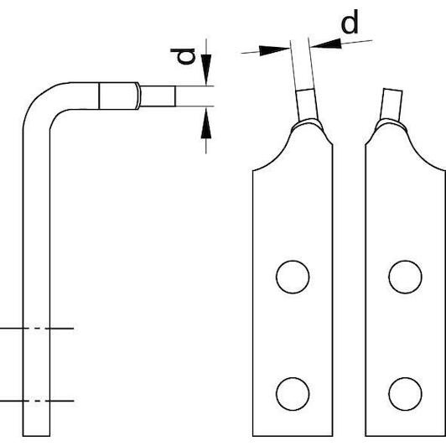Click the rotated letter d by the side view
(x=183, y=56)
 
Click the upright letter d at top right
(x=350, y=22)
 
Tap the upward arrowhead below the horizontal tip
(x=206, y=123)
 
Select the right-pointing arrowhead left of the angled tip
(x=274, y=50)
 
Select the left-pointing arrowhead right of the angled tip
(x=325, y=44)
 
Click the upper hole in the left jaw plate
(x=293, y=277)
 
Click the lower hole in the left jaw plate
(x=293, y=394)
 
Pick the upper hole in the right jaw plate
(x=405, y=277)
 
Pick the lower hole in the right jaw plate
(x=405, y=394)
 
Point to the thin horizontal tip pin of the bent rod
(x=158, y=96)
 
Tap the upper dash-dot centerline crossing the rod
(x=37, y=329)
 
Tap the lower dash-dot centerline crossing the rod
(x=37, y=401)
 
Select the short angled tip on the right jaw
(x=392, y=105)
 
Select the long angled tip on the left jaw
(x=303, y=80)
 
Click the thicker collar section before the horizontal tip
(x=118, y=96)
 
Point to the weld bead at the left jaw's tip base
(x=308, y=123)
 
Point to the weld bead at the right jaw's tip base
(x=391, y=124)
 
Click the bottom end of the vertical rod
(x=36, y=436)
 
